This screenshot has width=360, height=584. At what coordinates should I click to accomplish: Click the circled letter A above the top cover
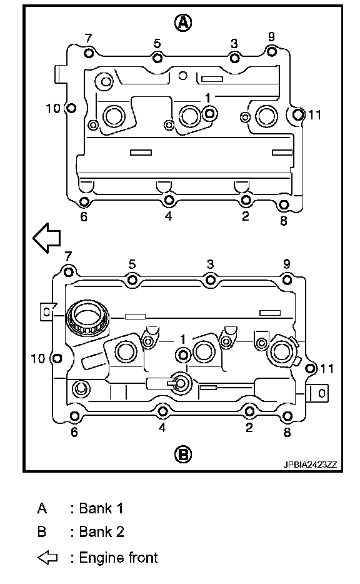point(182,23)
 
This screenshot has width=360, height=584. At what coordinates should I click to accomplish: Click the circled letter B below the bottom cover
point(182,455)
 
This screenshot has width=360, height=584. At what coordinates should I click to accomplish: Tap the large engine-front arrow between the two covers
point(47,238)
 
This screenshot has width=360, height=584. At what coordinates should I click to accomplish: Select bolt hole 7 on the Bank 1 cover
point(89,53)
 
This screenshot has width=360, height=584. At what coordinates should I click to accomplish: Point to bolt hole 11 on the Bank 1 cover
point(298,114)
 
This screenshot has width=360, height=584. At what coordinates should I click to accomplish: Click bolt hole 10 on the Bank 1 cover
point(71,108)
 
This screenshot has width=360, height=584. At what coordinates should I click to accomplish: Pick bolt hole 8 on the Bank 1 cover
point(284,204)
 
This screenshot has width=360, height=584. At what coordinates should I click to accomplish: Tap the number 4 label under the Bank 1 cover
point(169,216)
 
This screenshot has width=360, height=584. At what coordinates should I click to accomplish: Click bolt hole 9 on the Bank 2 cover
point(287,279)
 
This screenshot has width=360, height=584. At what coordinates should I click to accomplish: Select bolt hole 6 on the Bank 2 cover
point(75,416)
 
